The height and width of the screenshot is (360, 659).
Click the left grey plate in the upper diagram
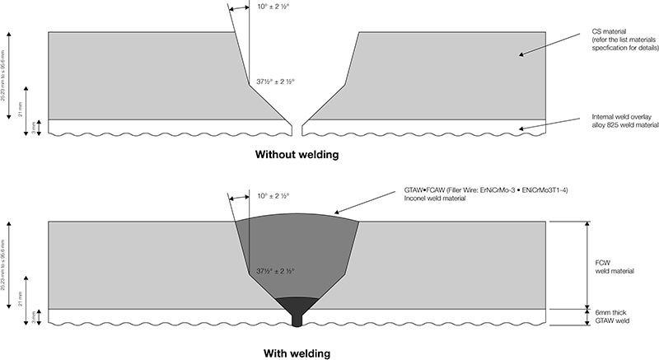(x=140, y=74)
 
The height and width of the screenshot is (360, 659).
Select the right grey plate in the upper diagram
(x=445, y=74)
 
